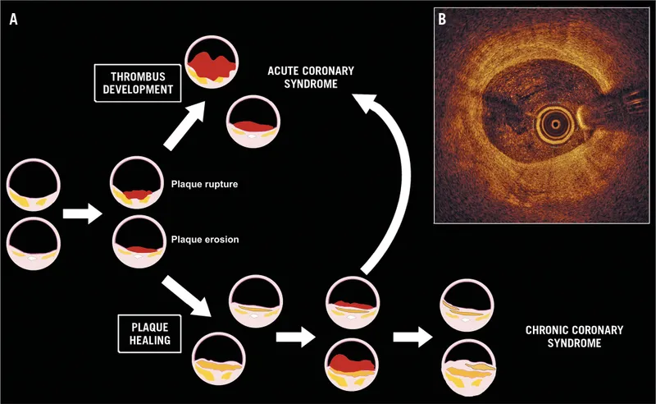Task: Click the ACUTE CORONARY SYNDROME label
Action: tap(303, 78)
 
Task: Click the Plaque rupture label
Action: tap(203, 185)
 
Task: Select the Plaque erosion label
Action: tap(203, 239)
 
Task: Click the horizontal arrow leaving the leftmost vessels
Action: tap(82, 214)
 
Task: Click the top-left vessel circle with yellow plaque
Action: tap(32, 186)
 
